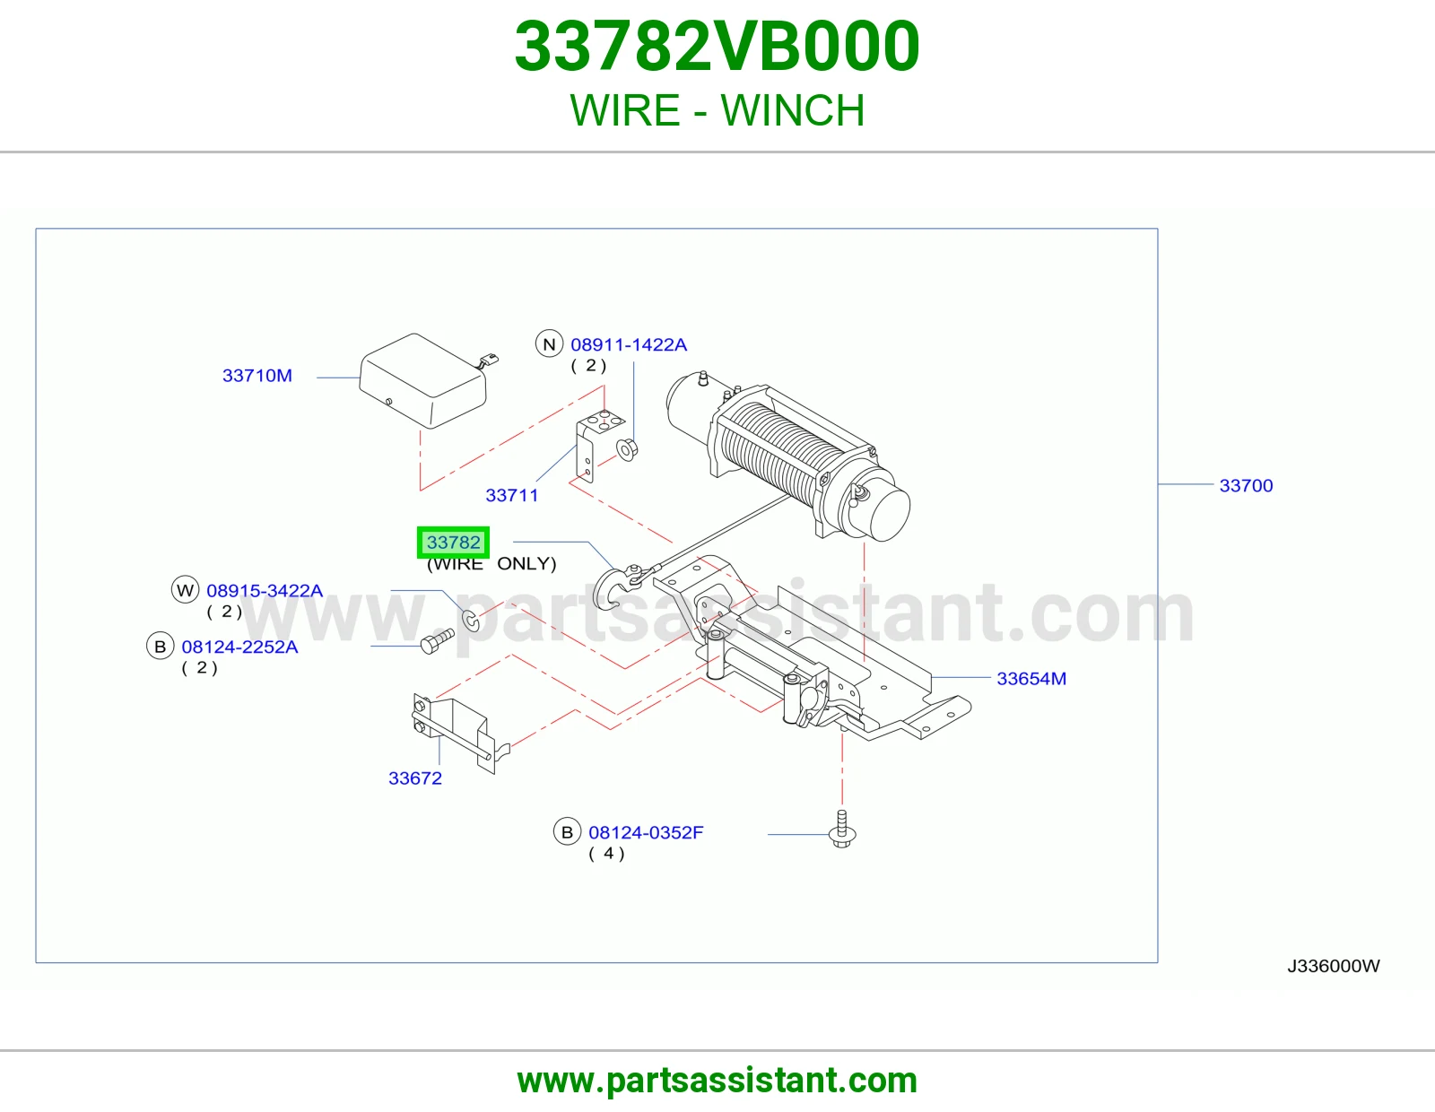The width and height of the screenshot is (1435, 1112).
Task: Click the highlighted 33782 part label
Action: tap(453, 543)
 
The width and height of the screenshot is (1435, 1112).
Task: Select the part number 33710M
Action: tap(257, 376)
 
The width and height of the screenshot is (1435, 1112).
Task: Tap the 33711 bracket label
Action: tap(512, 495)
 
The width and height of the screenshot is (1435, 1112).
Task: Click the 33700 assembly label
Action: tap(1246, 485)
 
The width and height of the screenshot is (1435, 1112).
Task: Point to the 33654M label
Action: tap(1031, 678)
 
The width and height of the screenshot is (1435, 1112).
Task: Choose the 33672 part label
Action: tap(414, 778)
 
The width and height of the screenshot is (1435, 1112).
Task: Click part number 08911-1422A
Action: tap(629, 344)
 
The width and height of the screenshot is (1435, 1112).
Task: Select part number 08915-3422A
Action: tap(265, 590)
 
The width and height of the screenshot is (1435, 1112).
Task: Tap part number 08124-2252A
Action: tap(239, 647)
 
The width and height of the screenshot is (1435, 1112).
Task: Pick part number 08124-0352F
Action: tap(646, 832)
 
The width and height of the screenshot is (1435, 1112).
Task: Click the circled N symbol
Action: tap(549, 344)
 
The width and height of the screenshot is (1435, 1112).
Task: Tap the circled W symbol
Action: tap(185, 590)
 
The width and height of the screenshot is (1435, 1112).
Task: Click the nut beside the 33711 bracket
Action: tap(627, 449)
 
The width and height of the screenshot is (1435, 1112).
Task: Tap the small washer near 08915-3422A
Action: tap(471, 621)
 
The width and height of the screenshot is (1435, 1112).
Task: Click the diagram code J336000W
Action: tap(1334, 966)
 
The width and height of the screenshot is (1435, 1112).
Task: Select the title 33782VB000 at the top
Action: tap(717, 47)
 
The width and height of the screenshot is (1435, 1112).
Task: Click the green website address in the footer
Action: tap(717, 1081)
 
